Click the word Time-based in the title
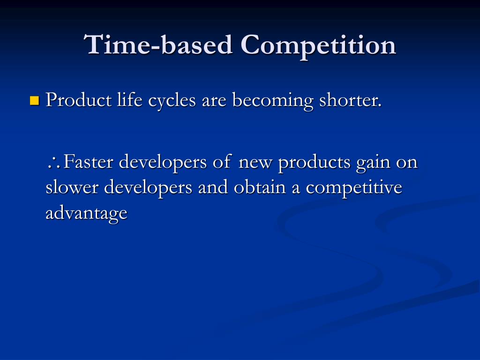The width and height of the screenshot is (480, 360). coord(159,45)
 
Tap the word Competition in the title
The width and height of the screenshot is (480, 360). coord(318,45)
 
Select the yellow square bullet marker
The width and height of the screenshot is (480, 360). coord(34,100)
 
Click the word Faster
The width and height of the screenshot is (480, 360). coord(89,162)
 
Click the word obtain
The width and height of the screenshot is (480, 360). coord(258,187)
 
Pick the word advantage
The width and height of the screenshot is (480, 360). coord(86,213)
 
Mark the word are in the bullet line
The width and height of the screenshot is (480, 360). coord(214,101)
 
